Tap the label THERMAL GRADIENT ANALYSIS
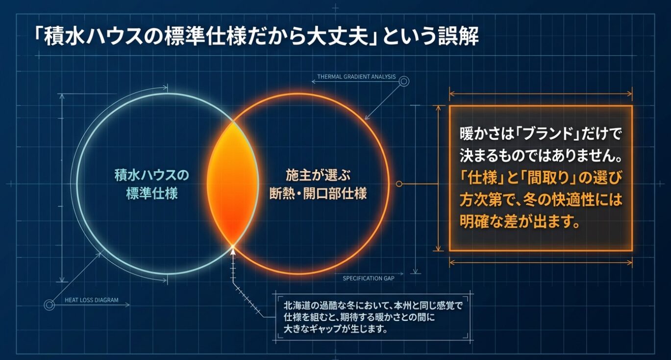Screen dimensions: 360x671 click(356, 77)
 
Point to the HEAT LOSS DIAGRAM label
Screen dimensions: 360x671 click(92, 300)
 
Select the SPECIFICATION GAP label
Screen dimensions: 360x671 click(368, 278)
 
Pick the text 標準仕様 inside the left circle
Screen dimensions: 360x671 click(152, 193)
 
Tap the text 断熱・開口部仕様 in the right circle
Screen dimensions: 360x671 click(318, 193)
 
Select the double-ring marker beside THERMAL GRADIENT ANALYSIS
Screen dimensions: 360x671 click(404, 81)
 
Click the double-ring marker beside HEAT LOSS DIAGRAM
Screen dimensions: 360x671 click(49, 305)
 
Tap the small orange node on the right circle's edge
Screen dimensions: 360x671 click(398, 184)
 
